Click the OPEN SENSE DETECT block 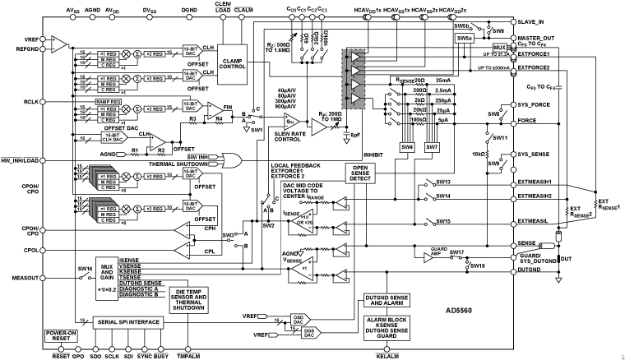point(359,173)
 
